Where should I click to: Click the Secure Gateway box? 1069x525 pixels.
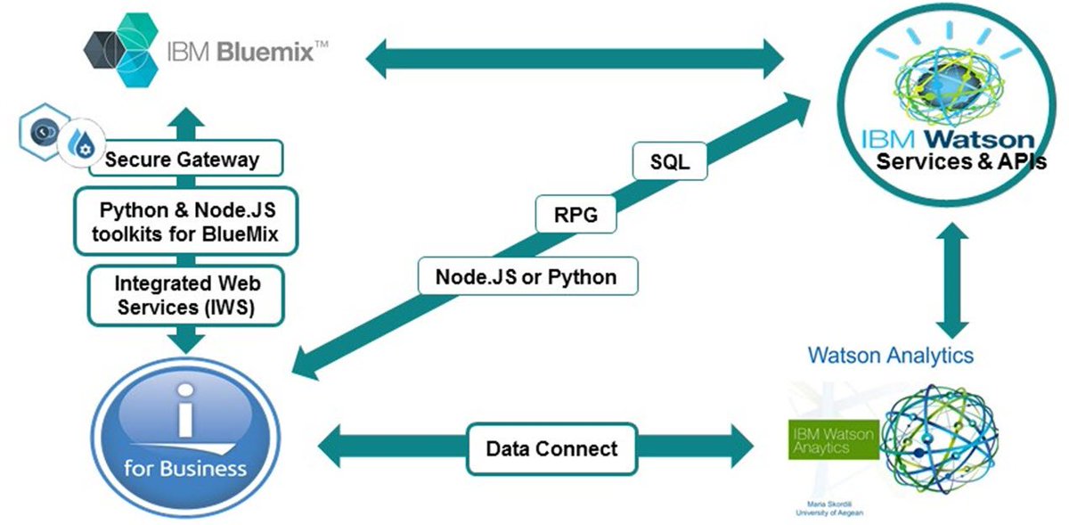tap(182, 160)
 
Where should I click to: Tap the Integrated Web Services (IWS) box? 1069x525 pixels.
tap(186, 296)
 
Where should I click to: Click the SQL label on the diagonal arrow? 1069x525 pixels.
tap(669, 163)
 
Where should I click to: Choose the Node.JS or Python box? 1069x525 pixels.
tap(527, 276)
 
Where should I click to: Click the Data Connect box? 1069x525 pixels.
tap(551, 448)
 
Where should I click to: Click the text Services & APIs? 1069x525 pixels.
tap(960, 163)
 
